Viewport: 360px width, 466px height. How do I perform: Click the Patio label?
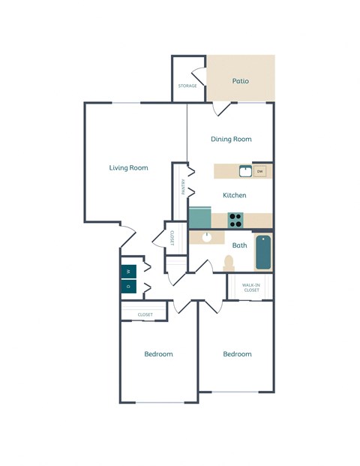[x=240, y=81]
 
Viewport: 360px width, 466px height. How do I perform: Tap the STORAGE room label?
[x=187, y=86]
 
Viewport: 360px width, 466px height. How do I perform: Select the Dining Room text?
[x=231, y=139]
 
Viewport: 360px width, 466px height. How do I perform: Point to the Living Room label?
[x=128, y=168]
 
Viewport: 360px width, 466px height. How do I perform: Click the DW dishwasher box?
[x=260, y=172]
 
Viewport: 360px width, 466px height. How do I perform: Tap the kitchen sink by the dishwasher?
[x=244, y=172]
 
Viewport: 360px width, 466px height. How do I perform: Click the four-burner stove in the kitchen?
[x=235, y=220]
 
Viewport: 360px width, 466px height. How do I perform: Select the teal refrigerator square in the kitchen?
[x=200, y=218]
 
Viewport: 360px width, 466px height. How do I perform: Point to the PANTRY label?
[x=182, y=187]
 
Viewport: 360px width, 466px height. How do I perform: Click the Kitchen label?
[x=235, y=195]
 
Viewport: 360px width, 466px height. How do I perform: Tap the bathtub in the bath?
[x=262, y=253]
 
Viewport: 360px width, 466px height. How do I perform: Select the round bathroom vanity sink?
[x=208, y=238]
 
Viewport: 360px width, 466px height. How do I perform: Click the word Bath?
[x=240, y=245]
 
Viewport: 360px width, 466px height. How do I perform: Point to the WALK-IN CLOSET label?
[x=251, y=287]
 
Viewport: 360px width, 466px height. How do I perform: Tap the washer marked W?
[x=128, y=272]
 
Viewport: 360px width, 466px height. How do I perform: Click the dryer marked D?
[x=128, y=287]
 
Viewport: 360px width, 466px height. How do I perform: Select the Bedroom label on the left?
[x=158, y=354]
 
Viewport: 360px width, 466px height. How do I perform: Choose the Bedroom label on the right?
[x=237, y=354]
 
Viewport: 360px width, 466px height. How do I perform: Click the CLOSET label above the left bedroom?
[x=145, y=314]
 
